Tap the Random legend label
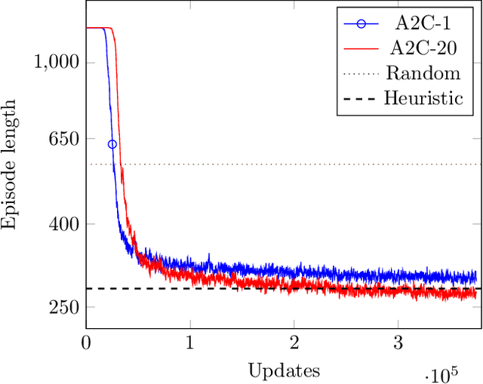[423, 73]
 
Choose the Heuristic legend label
[423, 98]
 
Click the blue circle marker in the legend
[361, 23]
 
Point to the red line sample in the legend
[361, 48]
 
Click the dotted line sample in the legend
[361, 73]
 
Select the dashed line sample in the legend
[361, 98]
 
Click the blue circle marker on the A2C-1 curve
[112, 144]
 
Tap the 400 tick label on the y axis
[61, 224]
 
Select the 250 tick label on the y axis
[61, 307]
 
